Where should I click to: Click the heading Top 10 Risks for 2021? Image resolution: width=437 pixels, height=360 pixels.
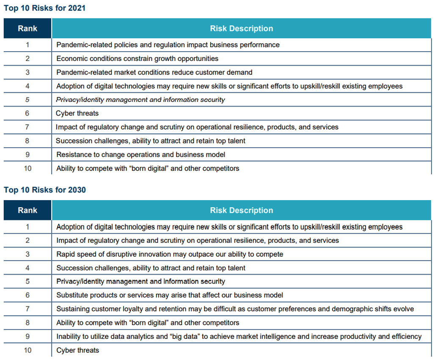[45, 8]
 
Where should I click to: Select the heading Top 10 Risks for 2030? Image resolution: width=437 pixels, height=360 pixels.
[45, 190]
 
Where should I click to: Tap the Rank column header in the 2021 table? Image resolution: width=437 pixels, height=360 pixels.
[27, 29]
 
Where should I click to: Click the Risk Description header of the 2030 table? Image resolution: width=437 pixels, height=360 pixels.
[242, 210]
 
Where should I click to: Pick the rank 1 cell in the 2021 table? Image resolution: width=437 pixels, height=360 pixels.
[27, 45]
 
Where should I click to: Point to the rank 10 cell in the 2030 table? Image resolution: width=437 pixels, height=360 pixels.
[27, 350]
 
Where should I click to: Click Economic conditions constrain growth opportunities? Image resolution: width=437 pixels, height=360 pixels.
[137, 59]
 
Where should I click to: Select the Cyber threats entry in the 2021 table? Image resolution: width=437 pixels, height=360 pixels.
[77, 113]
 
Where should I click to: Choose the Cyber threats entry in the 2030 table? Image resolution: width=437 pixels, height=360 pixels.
[78, 350]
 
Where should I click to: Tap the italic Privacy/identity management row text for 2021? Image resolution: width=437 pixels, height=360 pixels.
[140, 100]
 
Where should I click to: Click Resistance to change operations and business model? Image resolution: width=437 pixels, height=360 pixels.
[141, 155]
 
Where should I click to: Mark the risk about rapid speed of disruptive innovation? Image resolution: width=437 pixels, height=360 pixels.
[170, 254]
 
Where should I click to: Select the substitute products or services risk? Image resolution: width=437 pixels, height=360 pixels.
[170, 295]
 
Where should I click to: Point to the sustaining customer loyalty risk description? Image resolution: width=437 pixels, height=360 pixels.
[235, 309]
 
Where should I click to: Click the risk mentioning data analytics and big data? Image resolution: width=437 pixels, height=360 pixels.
[239, 337]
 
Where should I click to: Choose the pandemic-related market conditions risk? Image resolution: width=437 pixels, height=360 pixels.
[154, 72]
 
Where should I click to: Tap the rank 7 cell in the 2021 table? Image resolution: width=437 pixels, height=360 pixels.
[27, 127]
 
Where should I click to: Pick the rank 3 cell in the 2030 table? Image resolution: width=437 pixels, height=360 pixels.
[27, 254]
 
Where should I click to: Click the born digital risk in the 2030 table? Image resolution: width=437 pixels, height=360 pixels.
[148, 323]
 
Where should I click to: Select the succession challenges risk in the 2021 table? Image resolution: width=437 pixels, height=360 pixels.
[151, 141]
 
